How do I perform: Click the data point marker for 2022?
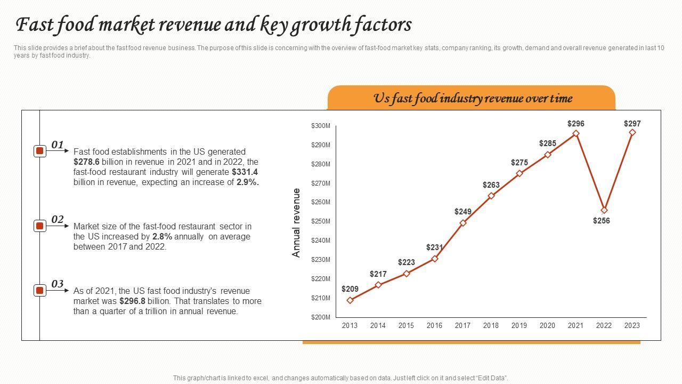(x=604, y=210)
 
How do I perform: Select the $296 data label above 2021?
(x=575, y=124)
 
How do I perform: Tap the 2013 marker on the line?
(x=350, y=300)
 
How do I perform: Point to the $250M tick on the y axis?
(x=321, y=221)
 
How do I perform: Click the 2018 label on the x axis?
(x=491, y=325)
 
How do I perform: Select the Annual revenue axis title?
(x=297, y=222)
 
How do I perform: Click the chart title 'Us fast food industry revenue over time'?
(x=472, y=99)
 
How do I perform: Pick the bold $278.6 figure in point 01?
(x=86, y=162)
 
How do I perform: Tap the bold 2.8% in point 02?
(x=162, y=236)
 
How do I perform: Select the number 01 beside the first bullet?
(x=58, y=145)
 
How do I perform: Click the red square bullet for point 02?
(x=39, y=226)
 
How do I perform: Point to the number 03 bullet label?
(x=58, y=284)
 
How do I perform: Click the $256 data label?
(x=602, y=221)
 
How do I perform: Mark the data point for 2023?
(x=632, y=132)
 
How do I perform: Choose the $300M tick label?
(x=321, y=126)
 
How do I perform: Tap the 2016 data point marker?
(x=435, y=259)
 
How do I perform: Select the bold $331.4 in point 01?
(x=245, y=172)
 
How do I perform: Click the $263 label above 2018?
(x=491, y=185)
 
